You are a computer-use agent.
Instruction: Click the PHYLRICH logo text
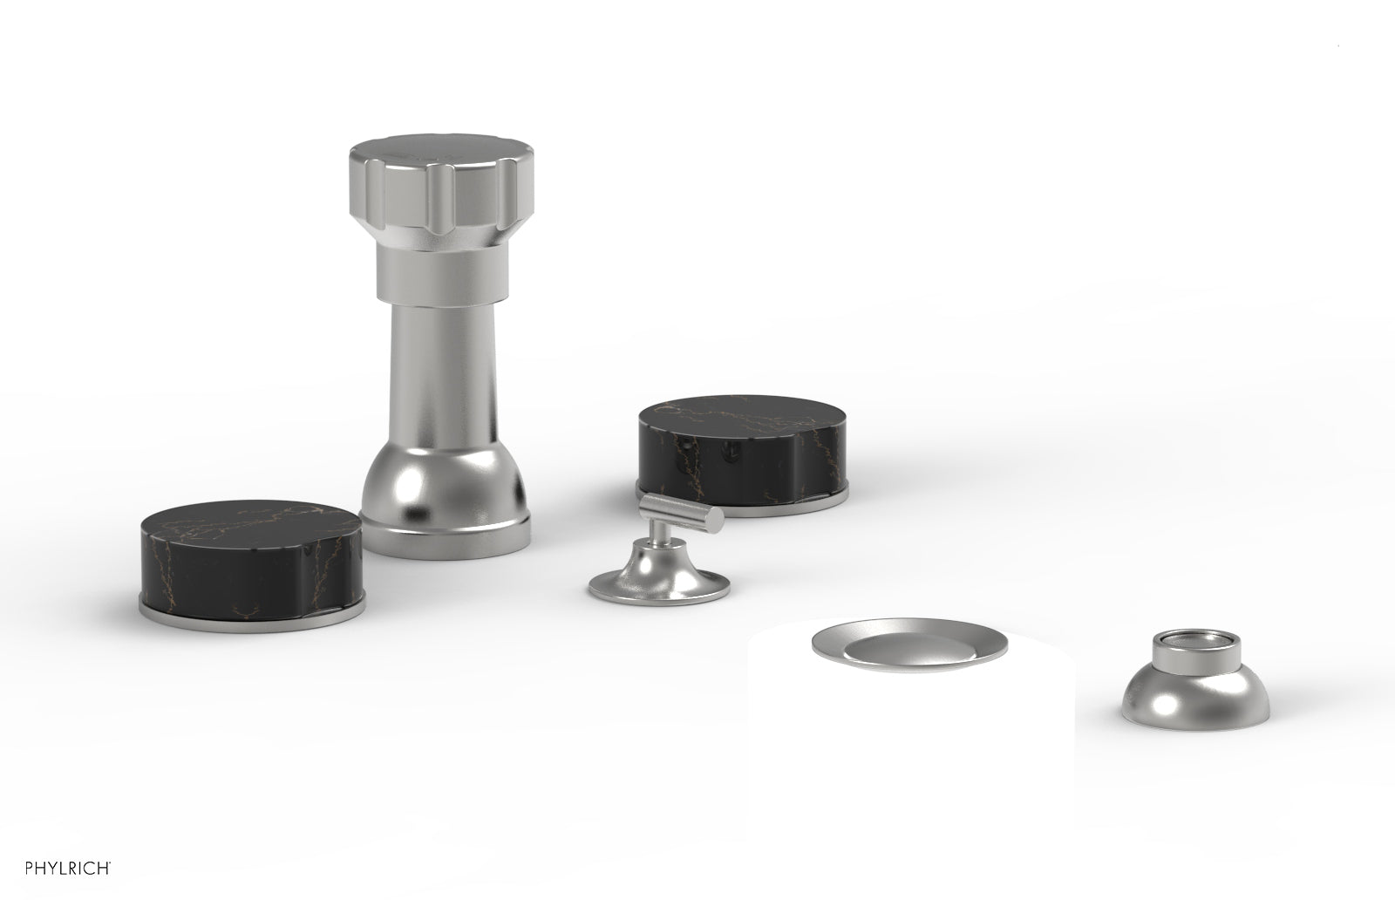tap(67, 868)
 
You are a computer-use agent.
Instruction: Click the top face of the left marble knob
tap(250, 524)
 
